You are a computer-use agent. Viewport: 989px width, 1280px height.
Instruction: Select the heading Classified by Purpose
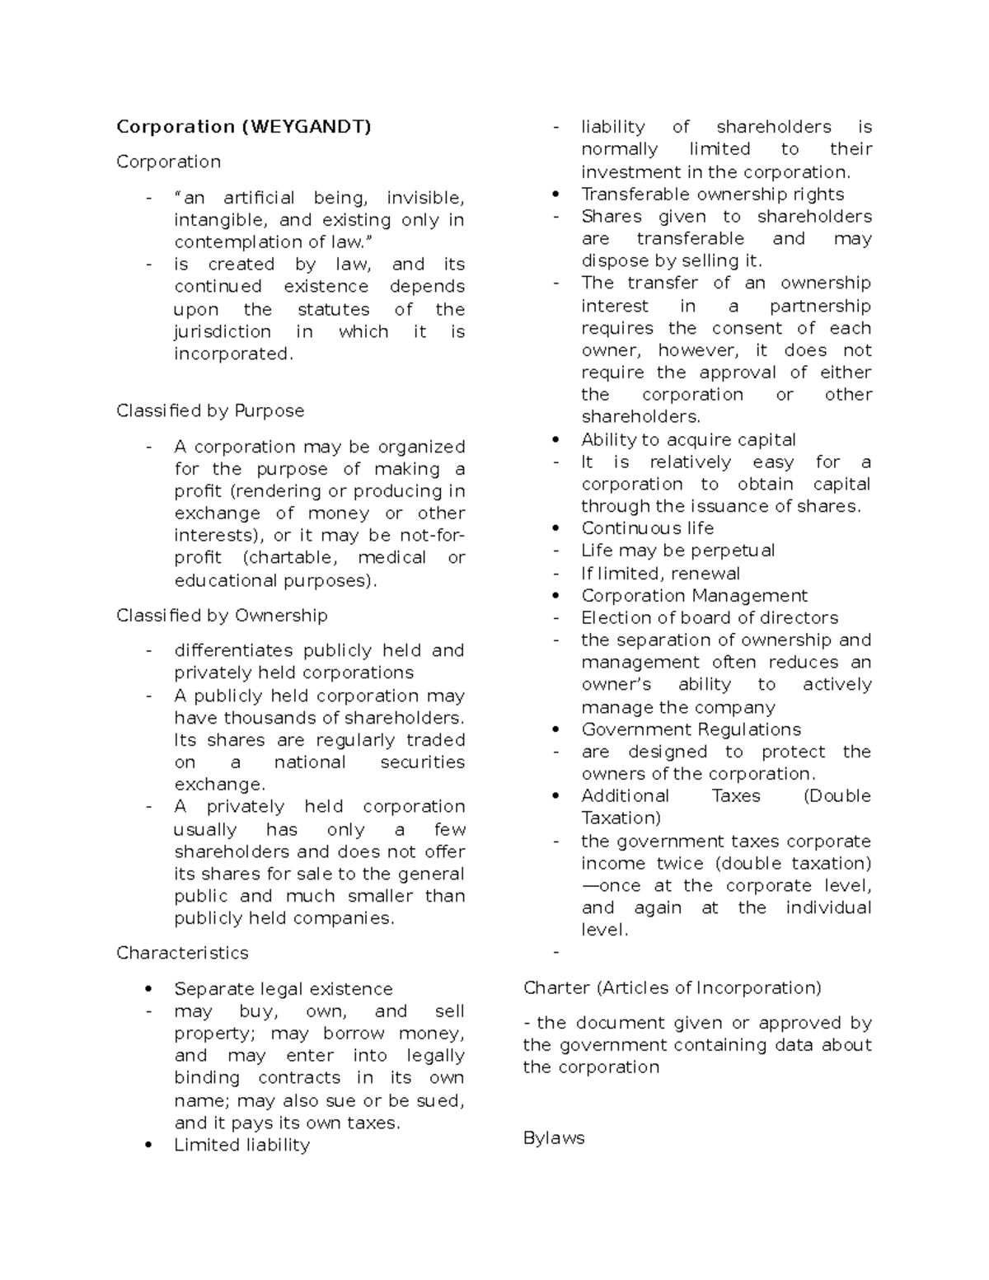pyautogui.click(x=210, y=410)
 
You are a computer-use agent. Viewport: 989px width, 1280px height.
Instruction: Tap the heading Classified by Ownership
pyautogui.click(x=222, y=615)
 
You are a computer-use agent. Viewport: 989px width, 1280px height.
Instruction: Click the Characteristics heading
pyautogui.click(x=182, y=953)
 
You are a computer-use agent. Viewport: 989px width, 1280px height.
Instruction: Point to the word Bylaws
pyautogui.click(x=554, y=1138)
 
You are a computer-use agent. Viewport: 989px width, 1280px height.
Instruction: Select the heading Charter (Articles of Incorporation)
pyautogui.click(x=672, y=987)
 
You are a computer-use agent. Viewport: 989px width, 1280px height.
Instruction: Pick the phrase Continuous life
pyautogui.click(x=647, y=528)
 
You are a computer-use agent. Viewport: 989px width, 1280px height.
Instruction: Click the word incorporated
pyautogui.click(x=232, y=354)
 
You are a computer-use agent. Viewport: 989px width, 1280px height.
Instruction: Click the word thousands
pyautogui.click(x=258, y=718)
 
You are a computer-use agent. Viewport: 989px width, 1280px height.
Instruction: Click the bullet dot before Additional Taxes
pyautogui.click(x=556, y=796)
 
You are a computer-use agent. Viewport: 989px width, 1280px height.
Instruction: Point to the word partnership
pyautogui.click(x=819, y=306)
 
